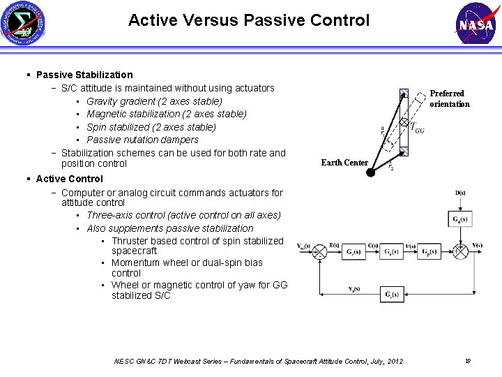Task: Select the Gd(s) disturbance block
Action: (x=459, y=219)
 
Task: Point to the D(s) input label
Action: (x=460, y=193)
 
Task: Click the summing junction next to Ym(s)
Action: (x=319, y=249)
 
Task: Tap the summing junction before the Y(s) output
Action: (x=460, y=249)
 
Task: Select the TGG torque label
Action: (x=416, y=128)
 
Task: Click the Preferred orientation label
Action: (x=449, y=98)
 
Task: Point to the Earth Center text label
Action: (x=344, y=163)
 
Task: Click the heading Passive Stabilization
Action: (x=84, y=75)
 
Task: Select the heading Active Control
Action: (x=69, y=179)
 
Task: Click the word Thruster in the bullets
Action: (x=130, y=241)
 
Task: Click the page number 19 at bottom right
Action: (x=468, y=361)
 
